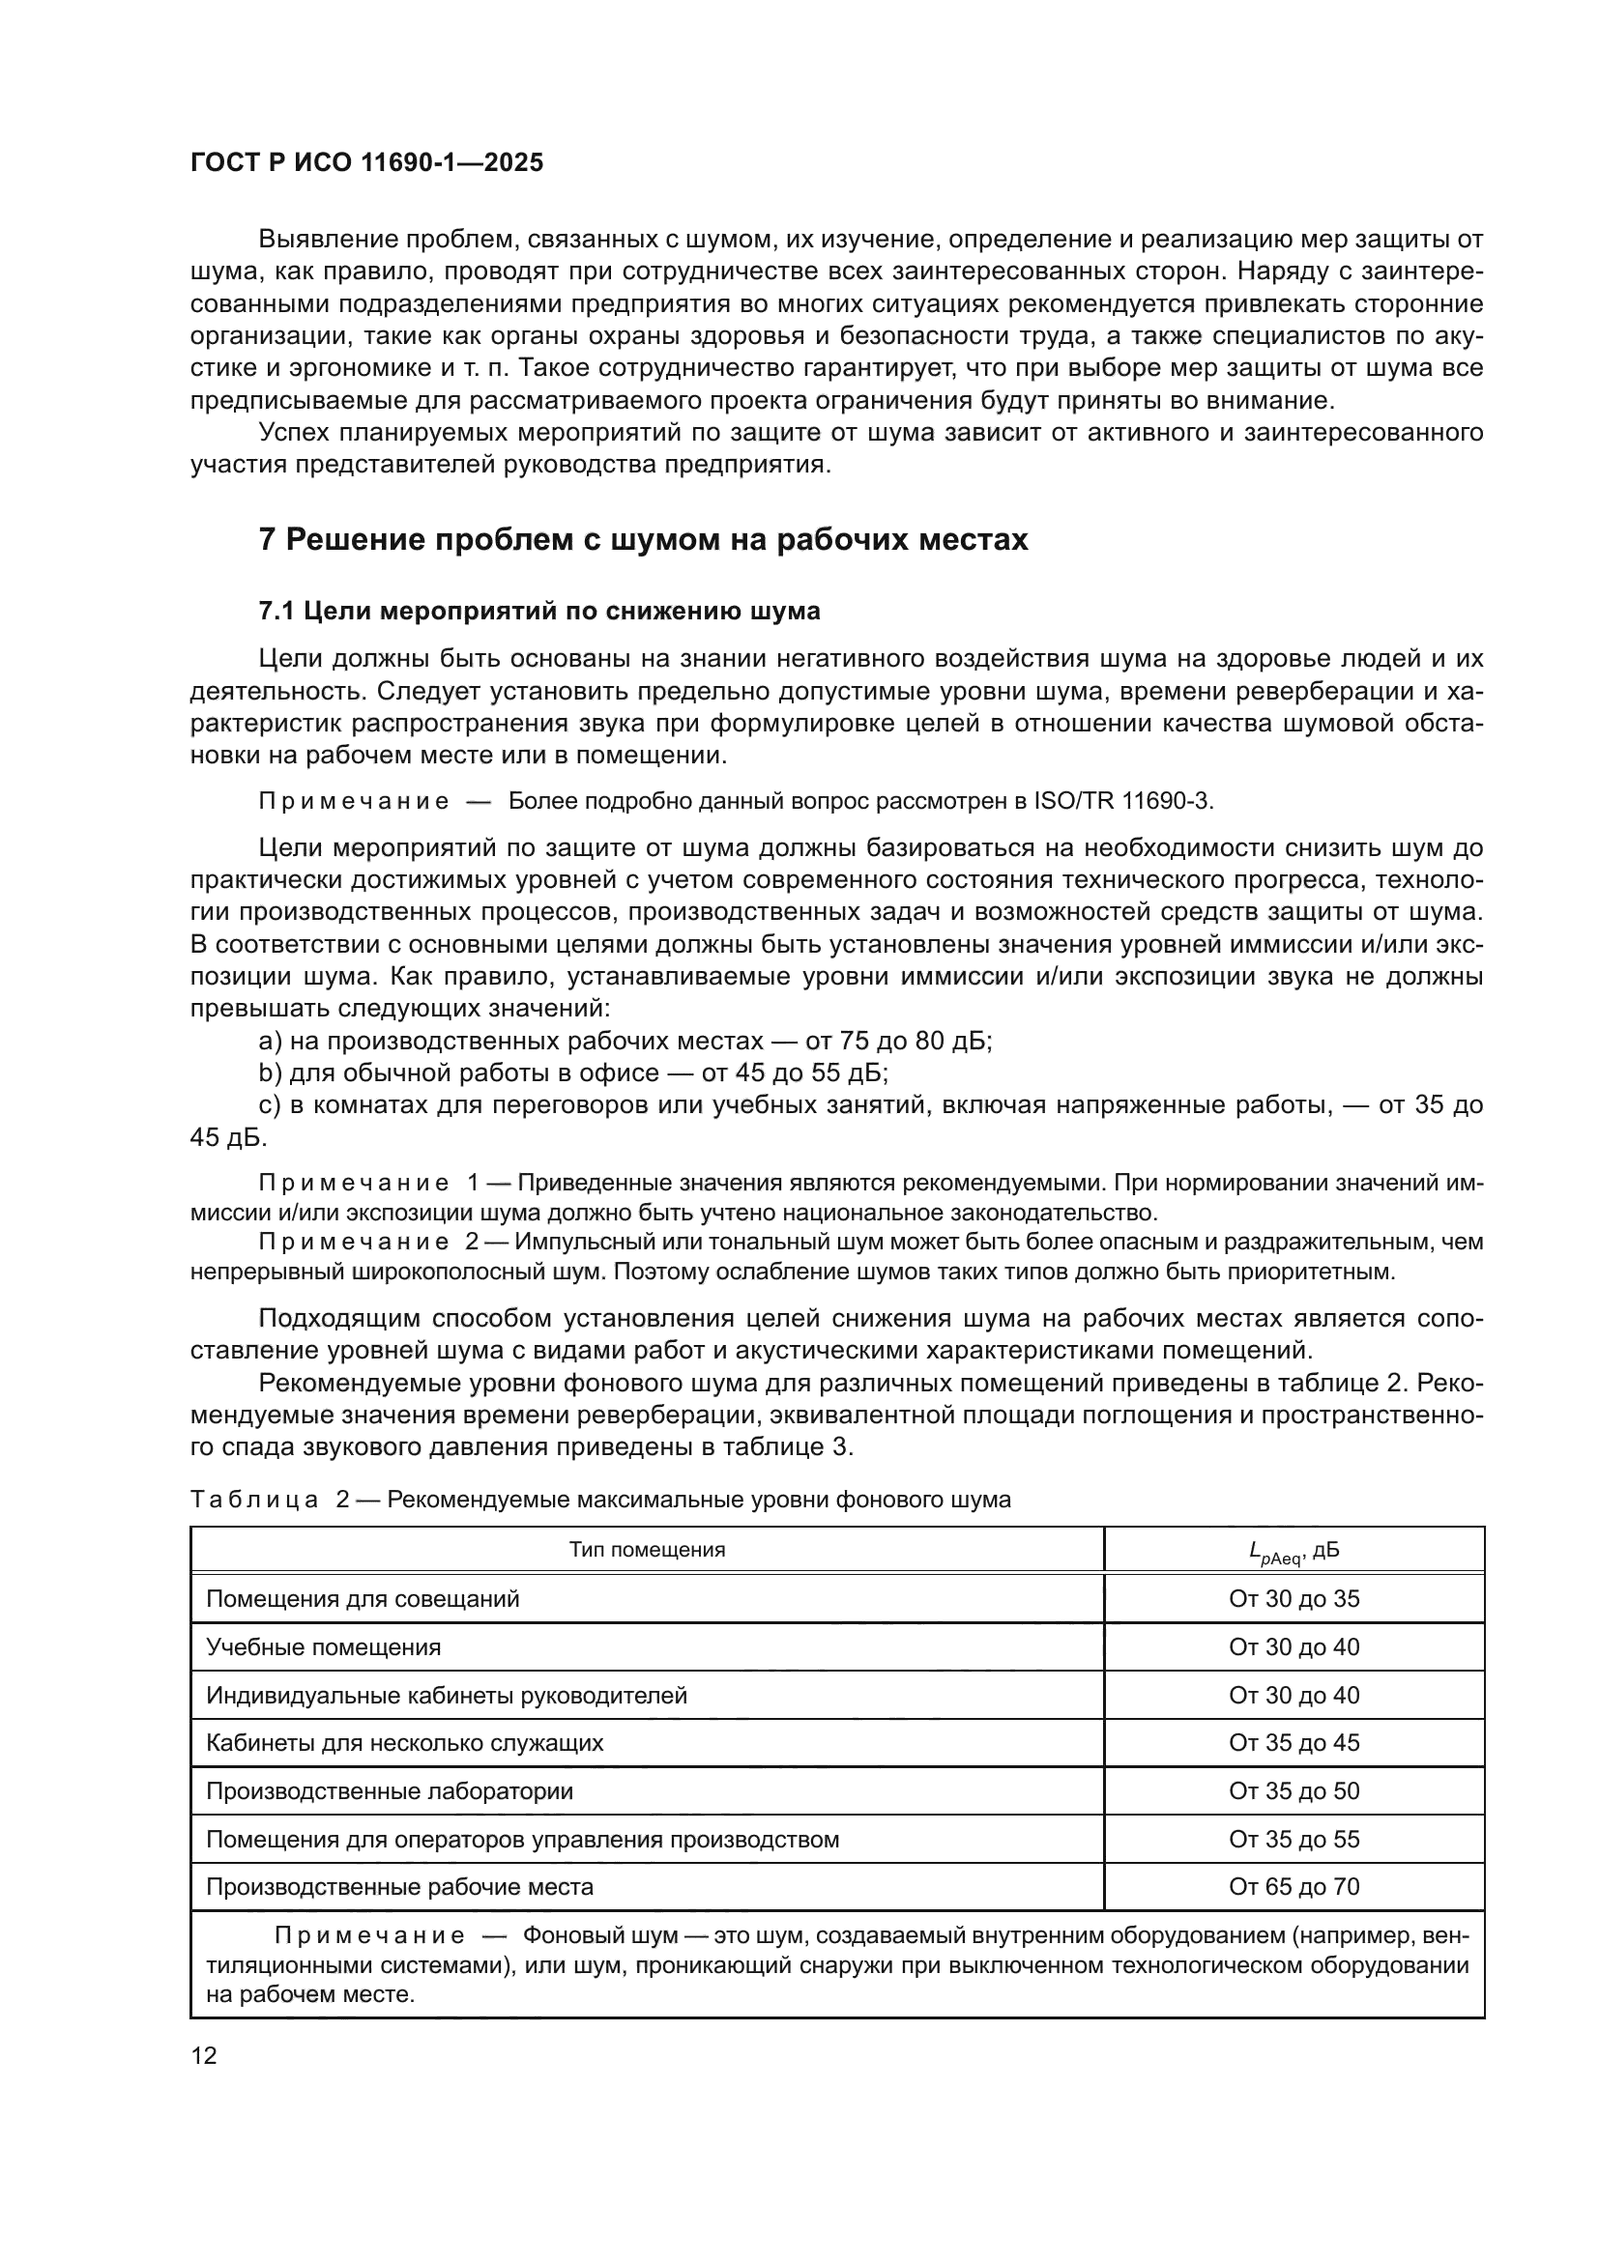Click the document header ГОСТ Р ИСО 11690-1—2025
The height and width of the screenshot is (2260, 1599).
[366, 163]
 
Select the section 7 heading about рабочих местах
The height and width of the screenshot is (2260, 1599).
[643, 540]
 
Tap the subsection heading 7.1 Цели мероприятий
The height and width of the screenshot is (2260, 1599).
[538, 612]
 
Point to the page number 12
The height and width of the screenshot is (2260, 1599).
[204, 2056]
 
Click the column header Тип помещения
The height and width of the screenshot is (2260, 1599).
[647, 1550]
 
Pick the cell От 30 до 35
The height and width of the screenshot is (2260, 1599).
[1294, 1599]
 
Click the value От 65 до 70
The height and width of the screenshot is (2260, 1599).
[1294, 1887]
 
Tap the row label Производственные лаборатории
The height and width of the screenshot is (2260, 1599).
[389, 1791]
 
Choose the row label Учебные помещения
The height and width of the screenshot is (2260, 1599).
[323, 1647]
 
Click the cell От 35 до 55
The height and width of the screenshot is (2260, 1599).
[1294, 1840]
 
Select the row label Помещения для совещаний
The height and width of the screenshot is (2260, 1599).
[363, 1599]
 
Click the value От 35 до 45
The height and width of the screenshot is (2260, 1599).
[1294, 1743]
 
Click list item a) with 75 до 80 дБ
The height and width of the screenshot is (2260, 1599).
[625, 1042]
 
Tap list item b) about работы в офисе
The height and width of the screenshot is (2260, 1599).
[573, 1073]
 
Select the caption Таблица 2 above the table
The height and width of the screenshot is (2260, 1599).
[599, 1501]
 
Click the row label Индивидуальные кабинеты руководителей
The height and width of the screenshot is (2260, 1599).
[446, 1696]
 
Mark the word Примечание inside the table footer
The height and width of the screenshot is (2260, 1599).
[369, 1936]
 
